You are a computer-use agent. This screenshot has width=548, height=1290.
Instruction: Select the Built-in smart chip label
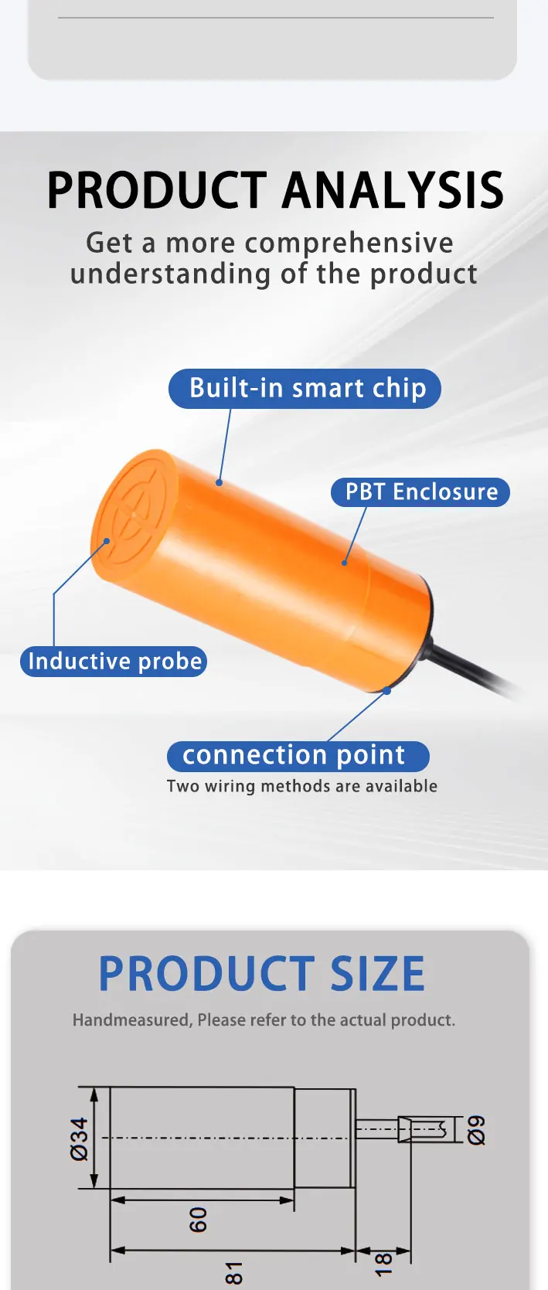point(305,388)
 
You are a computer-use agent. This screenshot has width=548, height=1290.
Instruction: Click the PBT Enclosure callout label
point(420,492)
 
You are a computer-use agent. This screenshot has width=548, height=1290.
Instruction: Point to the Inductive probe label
point(114,661)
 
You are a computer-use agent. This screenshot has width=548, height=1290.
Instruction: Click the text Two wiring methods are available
point(302,786)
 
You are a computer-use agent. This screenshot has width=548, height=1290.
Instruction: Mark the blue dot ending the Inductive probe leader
point(107,541)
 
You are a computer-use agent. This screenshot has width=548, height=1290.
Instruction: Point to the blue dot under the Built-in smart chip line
point(219,482)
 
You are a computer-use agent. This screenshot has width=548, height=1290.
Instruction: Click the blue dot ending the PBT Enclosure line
point(345,563)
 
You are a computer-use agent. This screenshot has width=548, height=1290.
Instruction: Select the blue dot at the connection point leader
point(387,690)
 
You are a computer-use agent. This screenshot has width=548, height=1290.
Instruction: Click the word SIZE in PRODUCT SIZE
point(378,973)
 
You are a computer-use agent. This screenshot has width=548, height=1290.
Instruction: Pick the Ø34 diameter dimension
point(80,1139)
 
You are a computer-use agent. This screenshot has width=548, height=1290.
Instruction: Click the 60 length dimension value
point(197,1220)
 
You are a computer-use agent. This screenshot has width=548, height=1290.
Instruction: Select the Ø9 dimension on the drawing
point(477,1130)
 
